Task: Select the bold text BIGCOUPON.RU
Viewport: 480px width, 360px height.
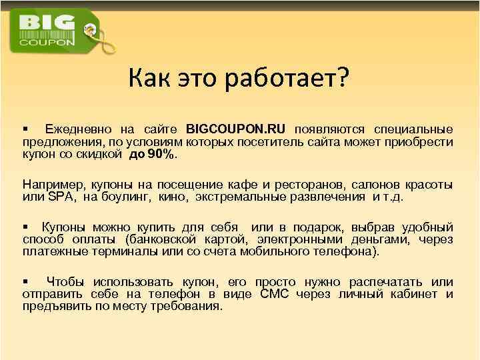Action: click(237, 129)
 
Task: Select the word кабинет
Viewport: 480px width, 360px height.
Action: click(413, 294)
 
